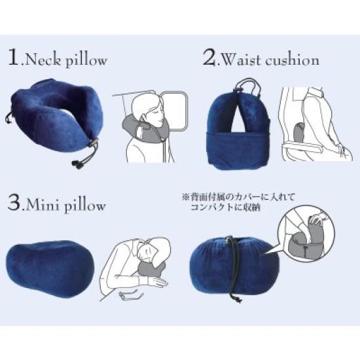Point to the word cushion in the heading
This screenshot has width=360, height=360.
[293, 60]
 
